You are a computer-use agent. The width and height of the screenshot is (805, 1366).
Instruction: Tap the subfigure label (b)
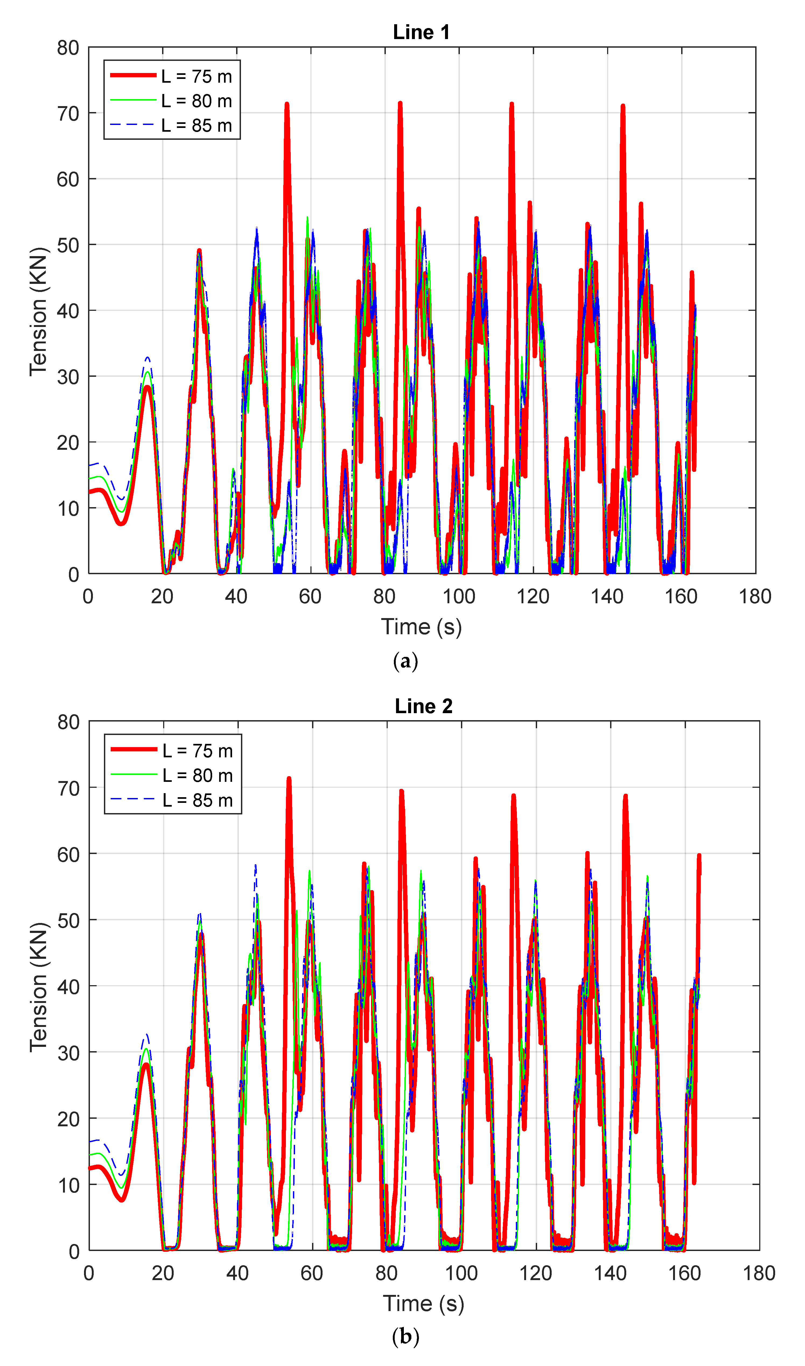(405, 1336)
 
